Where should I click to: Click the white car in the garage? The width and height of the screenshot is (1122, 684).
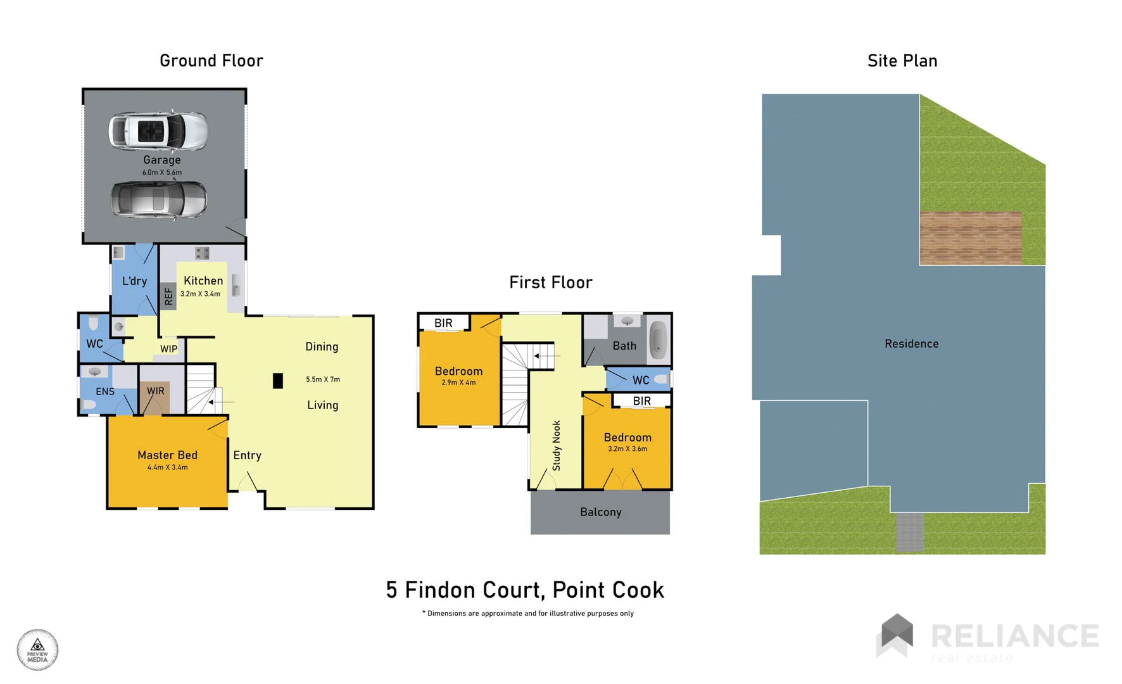point(158,131)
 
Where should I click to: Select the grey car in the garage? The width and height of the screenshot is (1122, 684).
point(159,199)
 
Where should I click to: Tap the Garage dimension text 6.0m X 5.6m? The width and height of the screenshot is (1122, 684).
point(162,172)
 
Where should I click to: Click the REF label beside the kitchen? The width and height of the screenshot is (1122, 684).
point(168,296)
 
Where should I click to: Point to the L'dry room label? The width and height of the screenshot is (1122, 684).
point(134,281)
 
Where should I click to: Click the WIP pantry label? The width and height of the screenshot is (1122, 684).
point(168,349)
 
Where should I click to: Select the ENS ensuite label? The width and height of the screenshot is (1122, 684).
point(105,391)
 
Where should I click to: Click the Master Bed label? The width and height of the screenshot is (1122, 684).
point(167,455)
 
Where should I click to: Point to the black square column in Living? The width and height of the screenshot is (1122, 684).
point(277,381)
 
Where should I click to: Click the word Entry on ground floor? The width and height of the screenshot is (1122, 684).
point(247,455)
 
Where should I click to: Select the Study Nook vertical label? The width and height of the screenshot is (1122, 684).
point(557,445)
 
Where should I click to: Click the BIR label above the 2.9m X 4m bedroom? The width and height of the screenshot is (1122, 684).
point(443,323)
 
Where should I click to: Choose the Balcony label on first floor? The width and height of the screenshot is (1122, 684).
point(600,512)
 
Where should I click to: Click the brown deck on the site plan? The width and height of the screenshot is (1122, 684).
point(970,238)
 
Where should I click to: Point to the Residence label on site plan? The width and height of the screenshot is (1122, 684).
point(911,343)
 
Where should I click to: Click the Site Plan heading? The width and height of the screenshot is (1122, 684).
point(902,61)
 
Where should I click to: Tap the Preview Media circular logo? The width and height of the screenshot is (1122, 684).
point(37,650)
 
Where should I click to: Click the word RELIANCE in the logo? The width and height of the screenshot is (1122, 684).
point(1014,636)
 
